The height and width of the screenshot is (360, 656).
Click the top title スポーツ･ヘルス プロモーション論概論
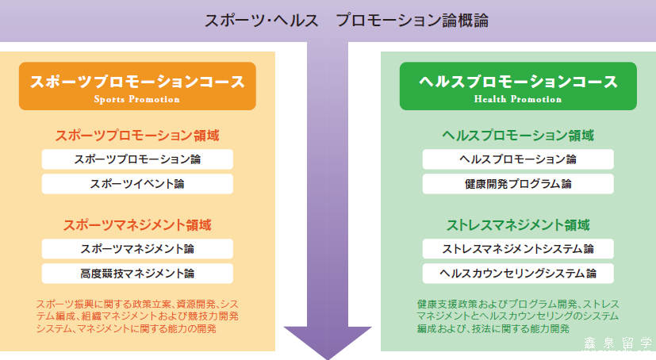pos(346,21)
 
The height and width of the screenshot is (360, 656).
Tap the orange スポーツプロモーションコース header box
pos(137,86)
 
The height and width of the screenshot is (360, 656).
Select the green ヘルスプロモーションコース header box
pos(518,86)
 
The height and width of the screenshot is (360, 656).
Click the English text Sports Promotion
pos(136,99)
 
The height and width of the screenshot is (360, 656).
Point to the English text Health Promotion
pos(518,99)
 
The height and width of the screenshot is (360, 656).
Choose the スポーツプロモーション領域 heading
pos(137,136)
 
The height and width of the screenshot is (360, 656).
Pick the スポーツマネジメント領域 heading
pos(137,225)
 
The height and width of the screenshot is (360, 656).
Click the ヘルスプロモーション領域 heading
pos(518,136)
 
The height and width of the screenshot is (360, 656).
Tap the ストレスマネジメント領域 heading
pos(518,225)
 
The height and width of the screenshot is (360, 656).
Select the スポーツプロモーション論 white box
pos(137,159)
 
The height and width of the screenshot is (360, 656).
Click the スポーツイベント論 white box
pos(137,184)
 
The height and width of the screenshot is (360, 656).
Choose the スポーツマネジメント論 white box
pos(137,249)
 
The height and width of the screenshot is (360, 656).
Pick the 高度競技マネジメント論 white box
pos(137,274)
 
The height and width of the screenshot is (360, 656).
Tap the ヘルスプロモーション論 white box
pos(518,159)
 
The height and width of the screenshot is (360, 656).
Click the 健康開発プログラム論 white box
pos(518,184)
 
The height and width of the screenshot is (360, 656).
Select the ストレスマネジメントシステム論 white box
pos(518,249)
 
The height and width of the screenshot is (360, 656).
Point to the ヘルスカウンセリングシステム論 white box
pos(518,274)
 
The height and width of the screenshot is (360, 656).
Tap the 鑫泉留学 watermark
pos(617,343)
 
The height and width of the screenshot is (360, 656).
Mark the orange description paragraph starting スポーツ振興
pos(137,316)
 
